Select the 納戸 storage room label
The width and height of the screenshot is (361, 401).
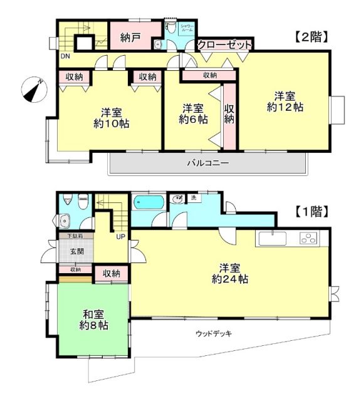[131, 36]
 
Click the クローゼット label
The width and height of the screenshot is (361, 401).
[225, 45]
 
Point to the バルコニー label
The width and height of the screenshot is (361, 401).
[207, 163]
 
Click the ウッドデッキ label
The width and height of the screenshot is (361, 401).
[214, 333]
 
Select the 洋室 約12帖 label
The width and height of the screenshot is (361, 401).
[285, 101]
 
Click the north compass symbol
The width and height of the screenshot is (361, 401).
[33, 88]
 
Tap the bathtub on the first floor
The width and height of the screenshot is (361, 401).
[149, 203]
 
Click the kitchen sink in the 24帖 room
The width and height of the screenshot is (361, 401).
[272, 238]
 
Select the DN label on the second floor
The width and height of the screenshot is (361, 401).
[65, 56]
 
